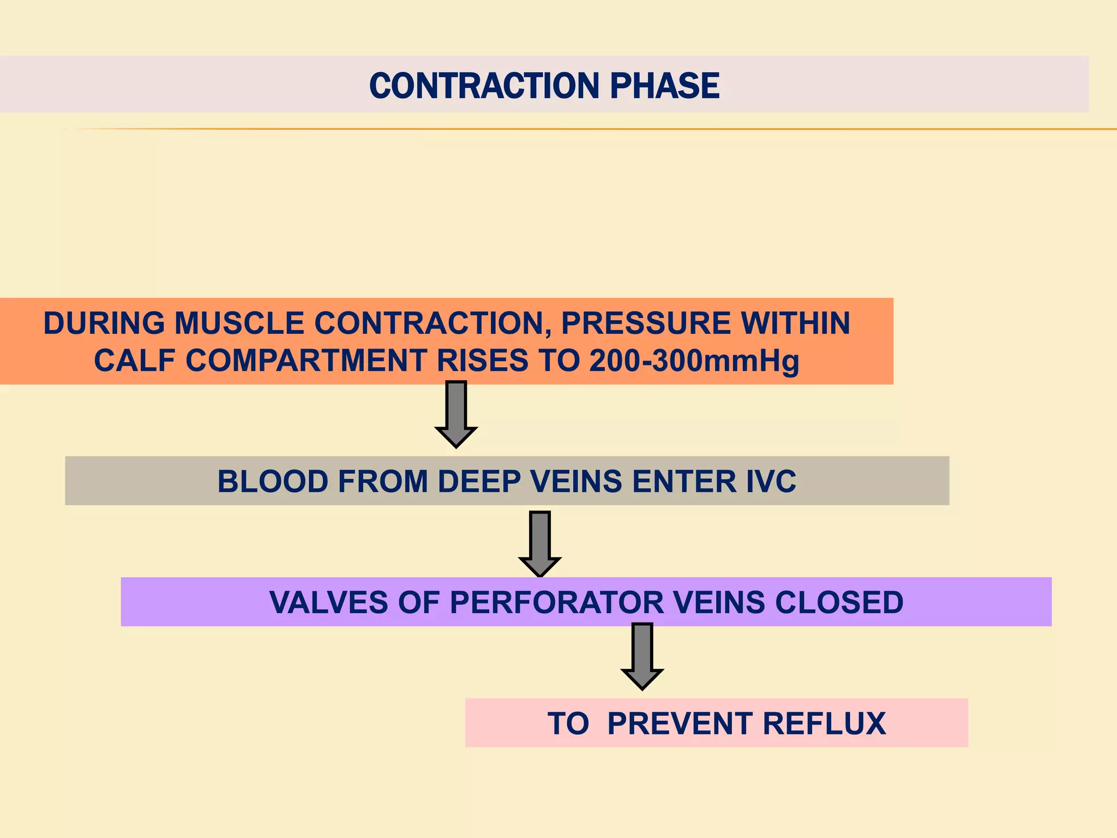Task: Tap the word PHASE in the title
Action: click(x=664, y=86)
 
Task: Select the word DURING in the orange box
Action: click(x=104, y=323)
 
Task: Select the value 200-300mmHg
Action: click(x=694, y=362)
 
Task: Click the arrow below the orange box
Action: click(x=456, y=415)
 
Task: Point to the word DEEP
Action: click(x=479, y=481)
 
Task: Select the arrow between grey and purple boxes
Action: click(x=539, y=543)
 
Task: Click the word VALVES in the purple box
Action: click(x=329, y=602)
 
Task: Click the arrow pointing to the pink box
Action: click(x=642, y=656)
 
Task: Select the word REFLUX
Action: click(x=824, y=723)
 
